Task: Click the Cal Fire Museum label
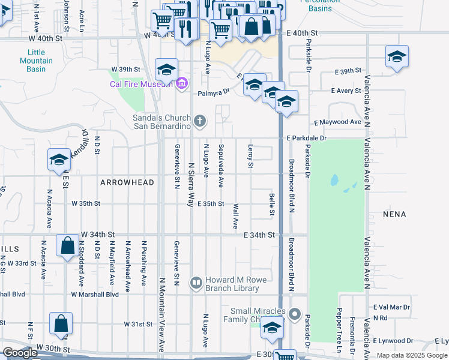[x=142, y=84]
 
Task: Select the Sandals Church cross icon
[x=200, y=122]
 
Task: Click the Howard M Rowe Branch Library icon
[x=196, y=282]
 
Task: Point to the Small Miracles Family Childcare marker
[x=294, y=314]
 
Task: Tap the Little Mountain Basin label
[x=36, y=61]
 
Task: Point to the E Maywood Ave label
[x=337, y=122]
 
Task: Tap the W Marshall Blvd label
[x=95, y=295]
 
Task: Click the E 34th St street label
[x=259, y=235]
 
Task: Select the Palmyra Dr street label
[x=214, y=92]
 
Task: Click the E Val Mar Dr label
[x=391, y=307]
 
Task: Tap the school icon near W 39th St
[x=166, y=70]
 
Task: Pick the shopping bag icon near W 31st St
[x=61, y=323]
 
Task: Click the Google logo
[x=20, y=353]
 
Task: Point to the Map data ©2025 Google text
[x=411, y=356]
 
